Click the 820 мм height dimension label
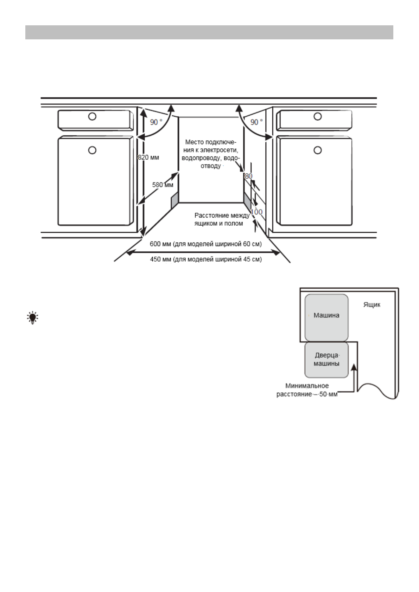pyautogui.click(x=148, y=157)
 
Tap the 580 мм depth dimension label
pyautogui.click(x=163, y=185)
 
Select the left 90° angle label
pyautogui.click(x=156, y=122)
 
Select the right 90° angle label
pyautogui.click(x=256, y=122)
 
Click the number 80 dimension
pyautogui.click(x=248, y=176)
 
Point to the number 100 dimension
pyautogui.click(x=257, y=212)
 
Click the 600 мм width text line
pyautogui.click(x=205, y=244)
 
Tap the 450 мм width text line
pyautogui.click(x=206, y=259)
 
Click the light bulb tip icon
pyautogui.click(x=33, y=317)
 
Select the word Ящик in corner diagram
pyautogui.click(x=372, y=305)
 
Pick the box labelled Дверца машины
pyautogui.click(x=326, y=360)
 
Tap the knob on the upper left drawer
pyautogui.click(x=92, y=116)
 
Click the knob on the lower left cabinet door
pyautogui.click(x=92, y=150)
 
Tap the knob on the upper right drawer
pyautogui.click(x=317, y=116)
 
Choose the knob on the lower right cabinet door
pyautogui.click(x=317, y=150)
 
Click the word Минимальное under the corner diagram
pyautogui.click(x=307, y=386)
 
